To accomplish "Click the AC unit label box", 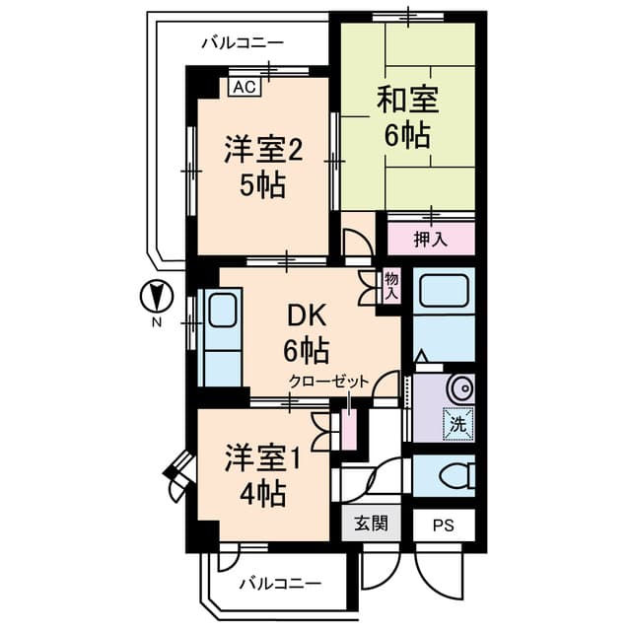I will (245, 87).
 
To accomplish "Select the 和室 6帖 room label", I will (407, 117).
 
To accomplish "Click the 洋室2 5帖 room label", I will (261, 167).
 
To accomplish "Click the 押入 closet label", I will (430, 238).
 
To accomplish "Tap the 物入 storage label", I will (391, 287).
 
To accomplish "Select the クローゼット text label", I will (329, 381).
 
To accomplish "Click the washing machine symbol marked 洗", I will (457, 422).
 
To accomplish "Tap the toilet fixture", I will (454, 475).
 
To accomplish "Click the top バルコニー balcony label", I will (243, 43).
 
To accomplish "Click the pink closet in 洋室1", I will (349, 427).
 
